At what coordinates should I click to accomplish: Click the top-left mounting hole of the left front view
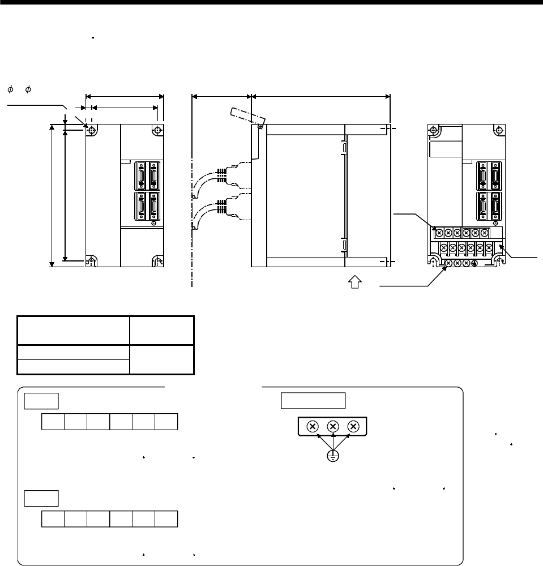pos(91,130)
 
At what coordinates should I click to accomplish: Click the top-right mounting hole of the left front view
pos(157,130)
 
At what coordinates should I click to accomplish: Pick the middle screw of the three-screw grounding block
pos(333,427)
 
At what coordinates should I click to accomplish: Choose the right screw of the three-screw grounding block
pos(353,427)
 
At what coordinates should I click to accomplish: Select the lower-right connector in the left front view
pos(153,205)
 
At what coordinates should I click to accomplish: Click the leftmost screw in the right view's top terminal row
pos(439,232)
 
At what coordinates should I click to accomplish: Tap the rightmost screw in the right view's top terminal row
pos(484,232)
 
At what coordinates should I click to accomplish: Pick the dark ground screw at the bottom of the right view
pos(474,264)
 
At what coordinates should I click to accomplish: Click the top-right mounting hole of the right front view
pos(499,130)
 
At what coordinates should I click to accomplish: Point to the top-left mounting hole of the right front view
pos(433,130)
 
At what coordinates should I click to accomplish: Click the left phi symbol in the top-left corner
pos(10,89)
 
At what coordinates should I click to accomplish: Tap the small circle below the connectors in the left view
pos(152,224)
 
